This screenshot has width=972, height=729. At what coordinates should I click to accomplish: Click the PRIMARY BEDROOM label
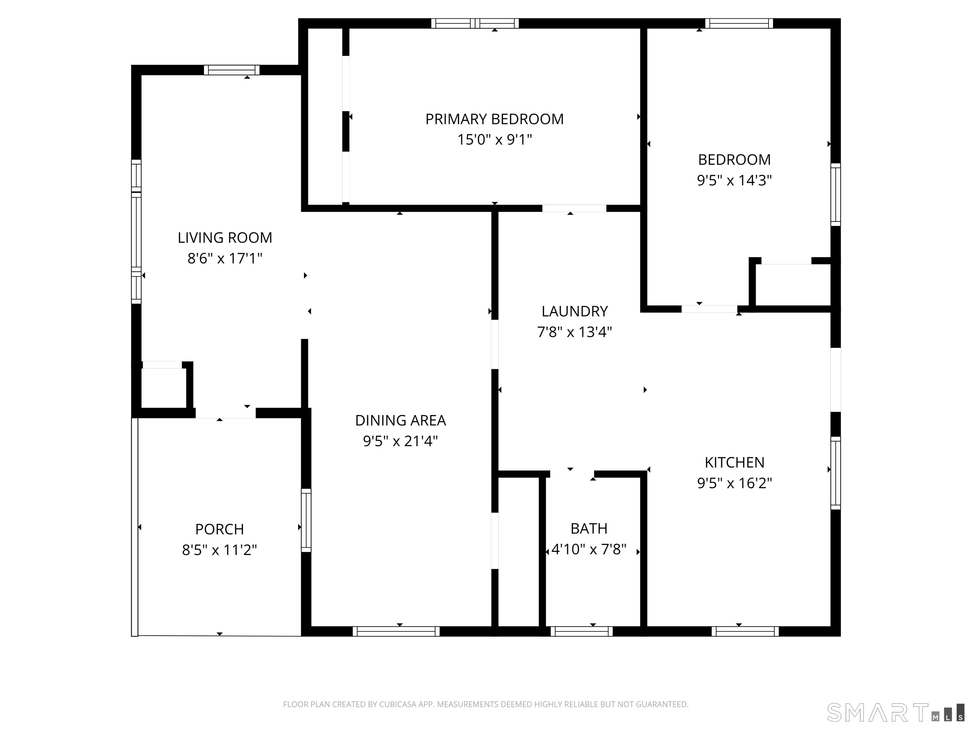[494, 119]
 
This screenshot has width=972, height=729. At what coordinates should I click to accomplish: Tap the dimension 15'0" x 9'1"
[494, 140]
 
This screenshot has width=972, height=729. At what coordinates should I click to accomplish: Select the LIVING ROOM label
[225, 238]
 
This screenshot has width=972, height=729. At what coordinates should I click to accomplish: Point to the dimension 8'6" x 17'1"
[225, 259]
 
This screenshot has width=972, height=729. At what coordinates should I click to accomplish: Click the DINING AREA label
[400, 421]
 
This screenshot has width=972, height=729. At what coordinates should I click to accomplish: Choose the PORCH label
[219, 529]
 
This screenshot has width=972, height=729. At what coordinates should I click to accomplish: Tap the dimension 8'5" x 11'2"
[219, 550]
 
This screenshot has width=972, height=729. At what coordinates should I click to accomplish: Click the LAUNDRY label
[574, 311]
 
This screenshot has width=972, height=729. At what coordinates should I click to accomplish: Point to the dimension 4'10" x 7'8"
[589, 549]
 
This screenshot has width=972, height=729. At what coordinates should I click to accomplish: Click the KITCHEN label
[734, 462]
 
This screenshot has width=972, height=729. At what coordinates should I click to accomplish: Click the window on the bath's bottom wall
[581, 632]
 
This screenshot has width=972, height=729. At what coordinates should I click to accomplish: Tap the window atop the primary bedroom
[475, 23]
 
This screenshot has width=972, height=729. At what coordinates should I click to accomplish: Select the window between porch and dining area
[306, 520]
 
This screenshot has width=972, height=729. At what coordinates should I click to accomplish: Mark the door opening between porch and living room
[225, 413]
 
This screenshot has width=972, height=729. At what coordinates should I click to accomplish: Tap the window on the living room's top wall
[232, 70]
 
